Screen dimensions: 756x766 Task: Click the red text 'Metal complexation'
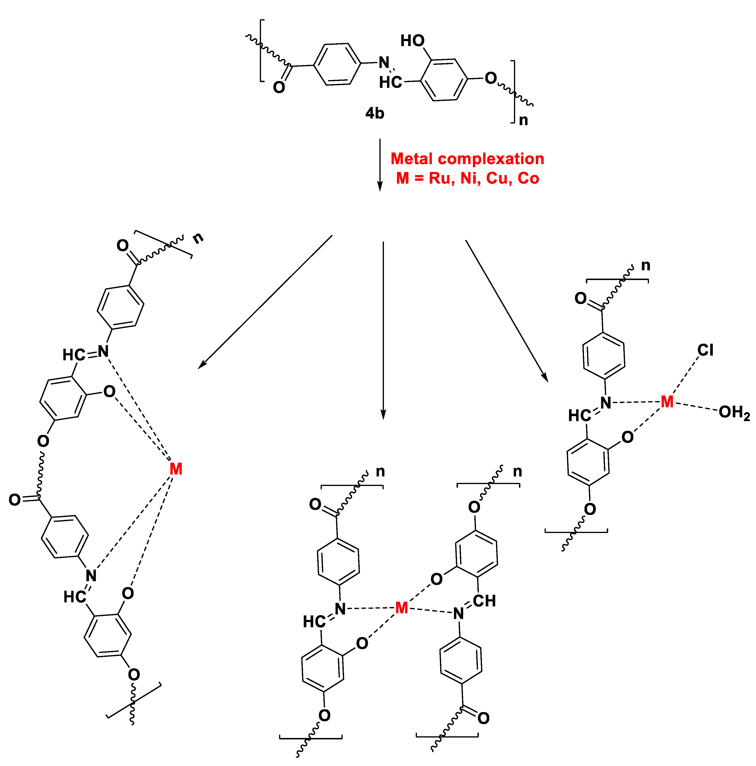pos(467,159)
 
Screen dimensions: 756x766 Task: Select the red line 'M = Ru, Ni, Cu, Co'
pos(467,178)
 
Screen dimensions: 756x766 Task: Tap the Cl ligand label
pos(705,350)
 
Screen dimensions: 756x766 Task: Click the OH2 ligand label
pos(734,413)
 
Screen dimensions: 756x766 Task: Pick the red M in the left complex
pos(176,469)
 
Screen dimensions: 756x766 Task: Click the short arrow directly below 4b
pos(380,165)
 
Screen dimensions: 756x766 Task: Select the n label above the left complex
pos(198,238)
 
